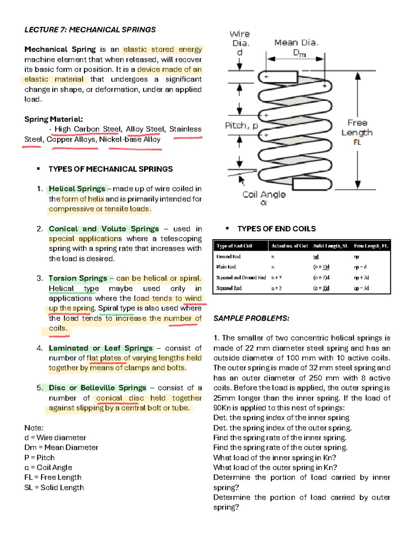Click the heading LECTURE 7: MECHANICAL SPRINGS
click(x=90, y=30)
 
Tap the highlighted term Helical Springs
click(x=77, y=189)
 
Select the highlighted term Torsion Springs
click(x=78, y=278)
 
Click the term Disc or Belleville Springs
click(x=97, y=388)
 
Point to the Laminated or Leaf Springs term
click(x=100, y=348)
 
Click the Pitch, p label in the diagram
click(x=241, y=125)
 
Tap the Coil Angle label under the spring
click(x=264, y=195)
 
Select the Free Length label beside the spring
click(x=357, y=128)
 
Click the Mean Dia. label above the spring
click(x=296, y=43)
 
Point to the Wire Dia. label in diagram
click(x=240, y=39)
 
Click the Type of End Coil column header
click(x=234, y=246)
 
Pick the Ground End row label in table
click(x=228, y=257)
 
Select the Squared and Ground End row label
click(x=241, y=277)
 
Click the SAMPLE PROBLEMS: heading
click(x=251, y=318)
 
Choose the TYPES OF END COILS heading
click(x=276, y=229)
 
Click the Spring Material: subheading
click(x=54, y=120)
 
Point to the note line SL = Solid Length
click(x=54, y=487)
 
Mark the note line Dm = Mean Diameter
click(x=61, y=447)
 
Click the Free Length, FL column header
click(x=371, y=246)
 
